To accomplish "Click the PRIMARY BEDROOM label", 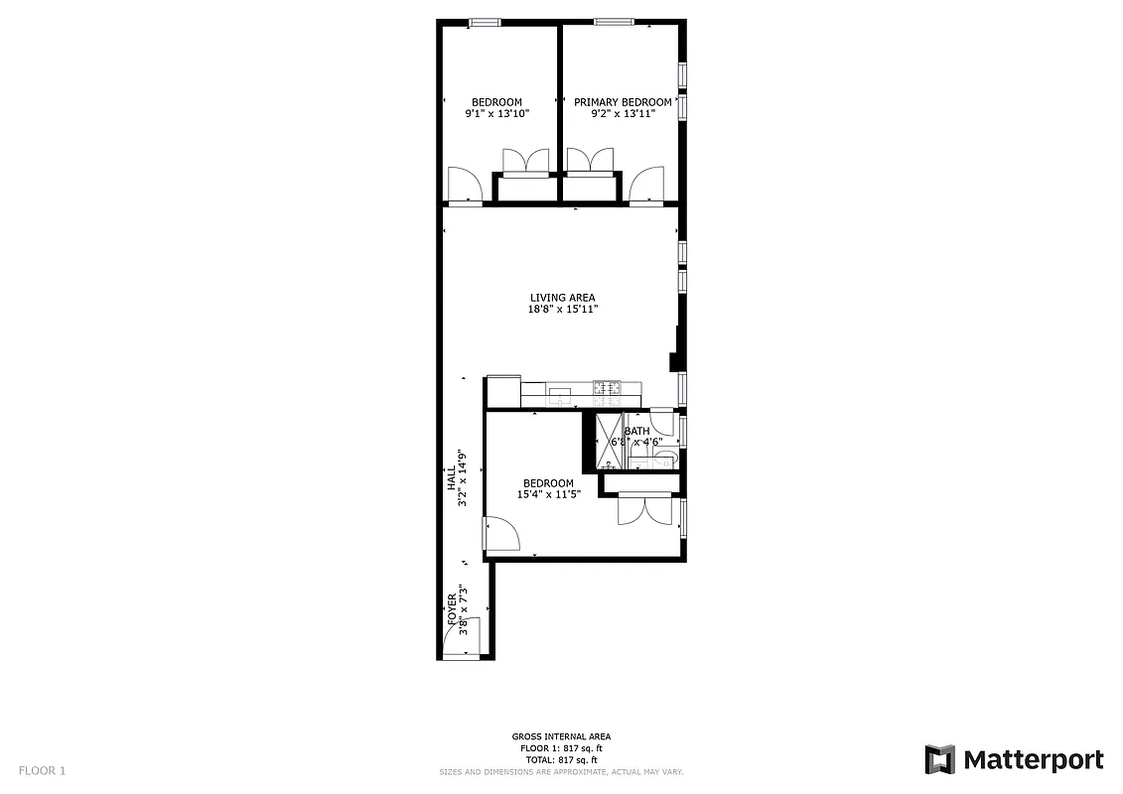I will point(623,102).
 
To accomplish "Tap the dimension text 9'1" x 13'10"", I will point(496,114).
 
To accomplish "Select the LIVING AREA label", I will point(562,298).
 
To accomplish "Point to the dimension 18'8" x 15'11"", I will point(562,310).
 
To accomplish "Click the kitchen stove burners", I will point(607,388).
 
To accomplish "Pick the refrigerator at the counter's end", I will point(503,390).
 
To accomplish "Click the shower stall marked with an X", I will point(607,441).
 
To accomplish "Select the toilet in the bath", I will point(664,458).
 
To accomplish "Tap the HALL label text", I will point(450,478).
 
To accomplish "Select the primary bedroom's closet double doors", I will point(593,162).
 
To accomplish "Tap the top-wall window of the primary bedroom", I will point(615,22).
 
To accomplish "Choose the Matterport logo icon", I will point(939,759).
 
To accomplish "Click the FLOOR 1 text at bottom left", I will point(42,770).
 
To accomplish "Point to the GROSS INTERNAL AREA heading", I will point(561,736).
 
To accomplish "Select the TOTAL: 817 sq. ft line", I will point(561,759).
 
